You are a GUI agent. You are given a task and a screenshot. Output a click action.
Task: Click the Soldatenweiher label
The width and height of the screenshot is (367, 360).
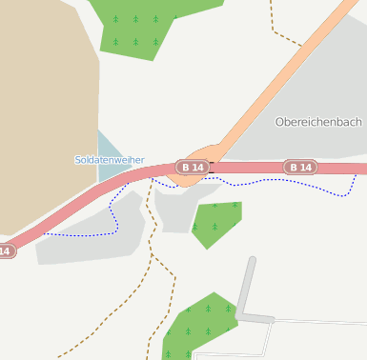tap(110, 160)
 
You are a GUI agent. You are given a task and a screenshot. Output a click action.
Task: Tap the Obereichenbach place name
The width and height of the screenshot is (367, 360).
tap(318, 122)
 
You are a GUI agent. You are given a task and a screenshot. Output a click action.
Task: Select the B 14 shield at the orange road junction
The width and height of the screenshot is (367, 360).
tap(192, 167)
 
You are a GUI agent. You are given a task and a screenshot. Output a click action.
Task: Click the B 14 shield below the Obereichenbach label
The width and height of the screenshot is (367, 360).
tap(300, 168)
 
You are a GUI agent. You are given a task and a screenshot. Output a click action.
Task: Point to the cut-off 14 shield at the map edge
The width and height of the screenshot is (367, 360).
tap(6, 251)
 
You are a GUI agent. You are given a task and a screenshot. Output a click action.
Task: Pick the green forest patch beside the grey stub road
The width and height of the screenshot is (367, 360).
tap(200, 324)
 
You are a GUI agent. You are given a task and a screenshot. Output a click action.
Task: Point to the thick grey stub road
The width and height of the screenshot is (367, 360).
tap(246, 286)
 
